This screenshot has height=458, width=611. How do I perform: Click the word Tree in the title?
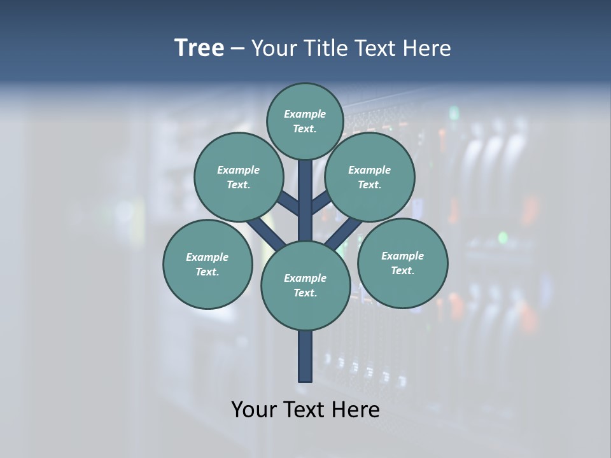[x=199, y=48]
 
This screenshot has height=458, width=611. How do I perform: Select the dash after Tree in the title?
[x=237, y=48]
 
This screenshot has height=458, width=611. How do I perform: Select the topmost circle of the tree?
[x=305, y=121]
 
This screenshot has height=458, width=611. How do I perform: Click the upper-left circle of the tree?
[x=238, y=177]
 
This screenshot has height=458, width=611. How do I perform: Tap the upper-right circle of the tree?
[x=370, y=177]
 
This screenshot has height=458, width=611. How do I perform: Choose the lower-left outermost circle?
[x=207, y=264]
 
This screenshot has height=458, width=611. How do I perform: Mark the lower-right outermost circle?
[x=402, y=263]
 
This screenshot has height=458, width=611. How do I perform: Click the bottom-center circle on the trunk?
[x=305, y=285]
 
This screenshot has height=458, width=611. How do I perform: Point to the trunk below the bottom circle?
[x=305, y=356]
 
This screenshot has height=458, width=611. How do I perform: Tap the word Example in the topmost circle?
[x=305, y=114]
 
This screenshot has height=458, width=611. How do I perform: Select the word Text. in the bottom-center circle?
[x=305, y=293]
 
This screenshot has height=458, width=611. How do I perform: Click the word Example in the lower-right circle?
[x=402, y=256]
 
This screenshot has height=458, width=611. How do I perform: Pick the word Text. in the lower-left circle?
[x=207, y=272]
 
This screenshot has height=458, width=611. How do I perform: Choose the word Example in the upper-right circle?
[x=370, y=170]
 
